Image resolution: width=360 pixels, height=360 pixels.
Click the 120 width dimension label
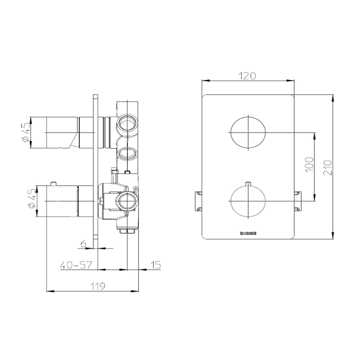(x=248, y=76)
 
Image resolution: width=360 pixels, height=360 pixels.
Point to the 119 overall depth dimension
(x=98, y=286)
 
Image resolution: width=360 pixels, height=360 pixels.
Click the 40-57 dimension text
(x=76, y=265)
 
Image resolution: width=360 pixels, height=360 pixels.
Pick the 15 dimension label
(x=155, y=265)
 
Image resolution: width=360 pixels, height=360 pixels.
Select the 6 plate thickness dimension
(x=83, y=244)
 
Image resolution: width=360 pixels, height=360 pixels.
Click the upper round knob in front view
(x=248, y=133)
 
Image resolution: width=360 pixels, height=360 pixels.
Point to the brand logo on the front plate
(x=248, y=233)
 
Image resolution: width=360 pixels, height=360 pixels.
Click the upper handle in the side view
(x=61, y=133)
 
